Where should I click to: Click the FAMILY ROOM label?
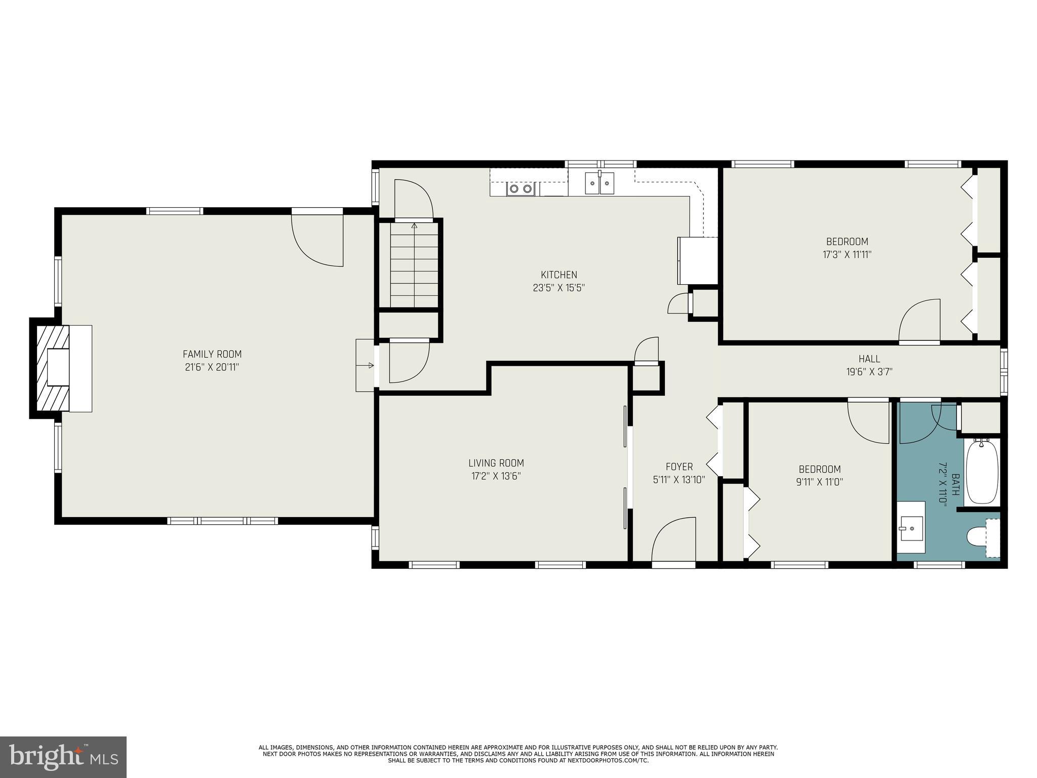212,354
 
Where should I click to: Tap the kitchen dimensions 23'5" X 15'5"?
559,288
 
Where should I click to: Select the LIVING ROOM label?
496,463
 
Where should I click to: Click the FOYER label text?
679,466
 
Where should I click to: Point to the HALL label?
869,359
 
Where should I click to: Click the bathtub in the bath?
982,472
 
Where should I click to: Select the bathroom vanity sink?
911,528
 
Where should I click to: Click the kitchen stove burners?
521,189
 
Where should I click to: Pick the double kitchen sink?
600,183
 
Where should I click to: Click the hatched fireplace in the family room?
52,368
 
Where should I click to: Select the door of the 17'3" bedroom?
920,321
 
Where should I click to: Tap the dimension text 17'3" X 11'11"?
847,255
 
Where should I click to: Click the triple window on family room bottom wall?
222,521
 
